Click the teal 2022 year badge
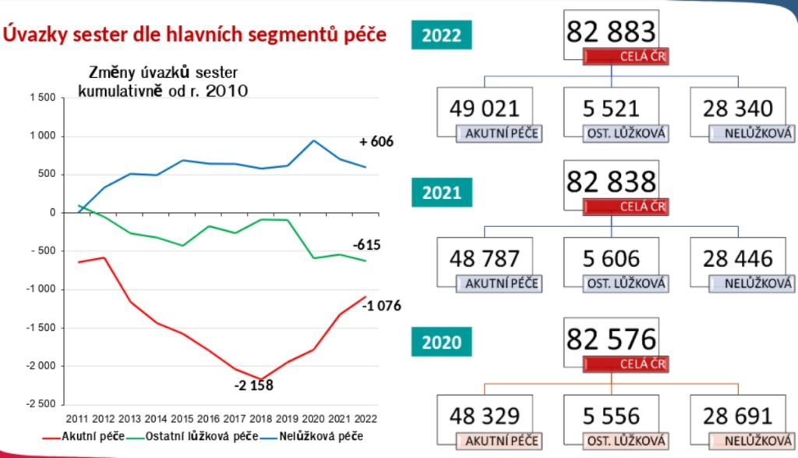(x=441, y=35)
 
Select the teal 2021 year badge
(x=441, y=191)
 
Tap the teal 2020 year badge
(x=441, y=342)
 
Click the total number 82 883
(x=612, y=32)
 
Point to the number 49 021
(x=485, y=108)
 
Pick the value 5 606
(x=611, y=258)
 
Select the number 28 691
(x=738, y=414)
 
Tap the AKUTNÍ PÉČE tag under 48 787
(x=499, y=284)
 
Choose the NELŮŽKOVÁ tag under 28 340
(x=752, y=133)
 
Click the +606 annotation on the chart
(x=376, y=142)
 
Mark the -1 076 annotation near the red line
(x=381, y=306)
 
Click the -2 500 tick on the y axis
(x=41, y=404)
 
